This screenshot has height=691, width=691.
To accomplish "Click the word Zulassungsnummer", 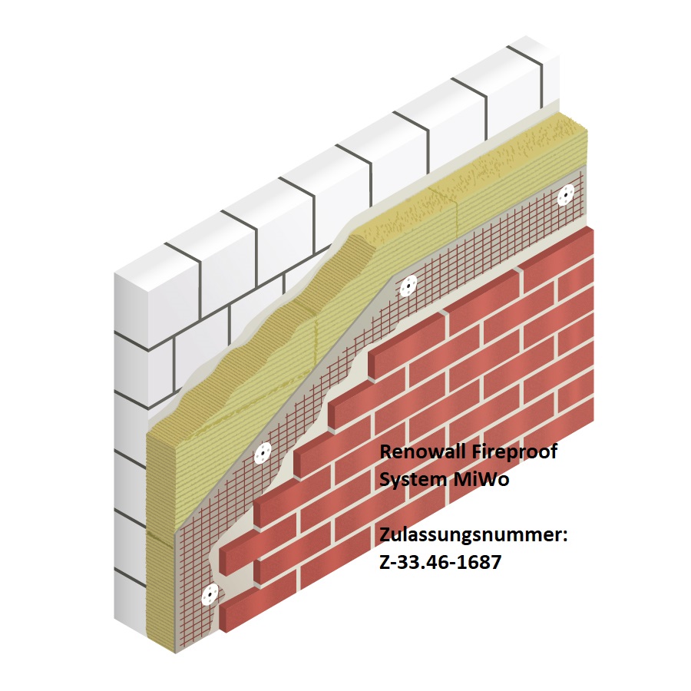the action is (x=471, y=536).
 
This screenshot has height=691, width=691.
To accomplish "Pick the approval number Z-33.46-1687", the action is (x=440, y=562).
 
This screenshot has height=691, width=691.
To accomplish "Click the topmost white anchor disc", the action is (x=565, y=195).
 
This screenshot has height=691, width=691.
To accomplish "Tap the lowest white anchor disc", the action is (x=210, y=595).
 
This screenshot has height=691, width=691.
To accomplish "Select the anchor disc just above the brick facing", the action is (x=408, y=286).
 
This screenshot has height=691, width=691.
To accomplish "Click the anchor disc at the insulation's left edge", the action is (x=263, y=454).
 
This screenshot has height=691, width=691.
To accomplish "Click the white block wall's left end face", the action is (x=131, y=454).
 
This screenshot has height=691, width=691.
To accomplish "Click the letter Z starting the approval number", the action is (x=385, y=562).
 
